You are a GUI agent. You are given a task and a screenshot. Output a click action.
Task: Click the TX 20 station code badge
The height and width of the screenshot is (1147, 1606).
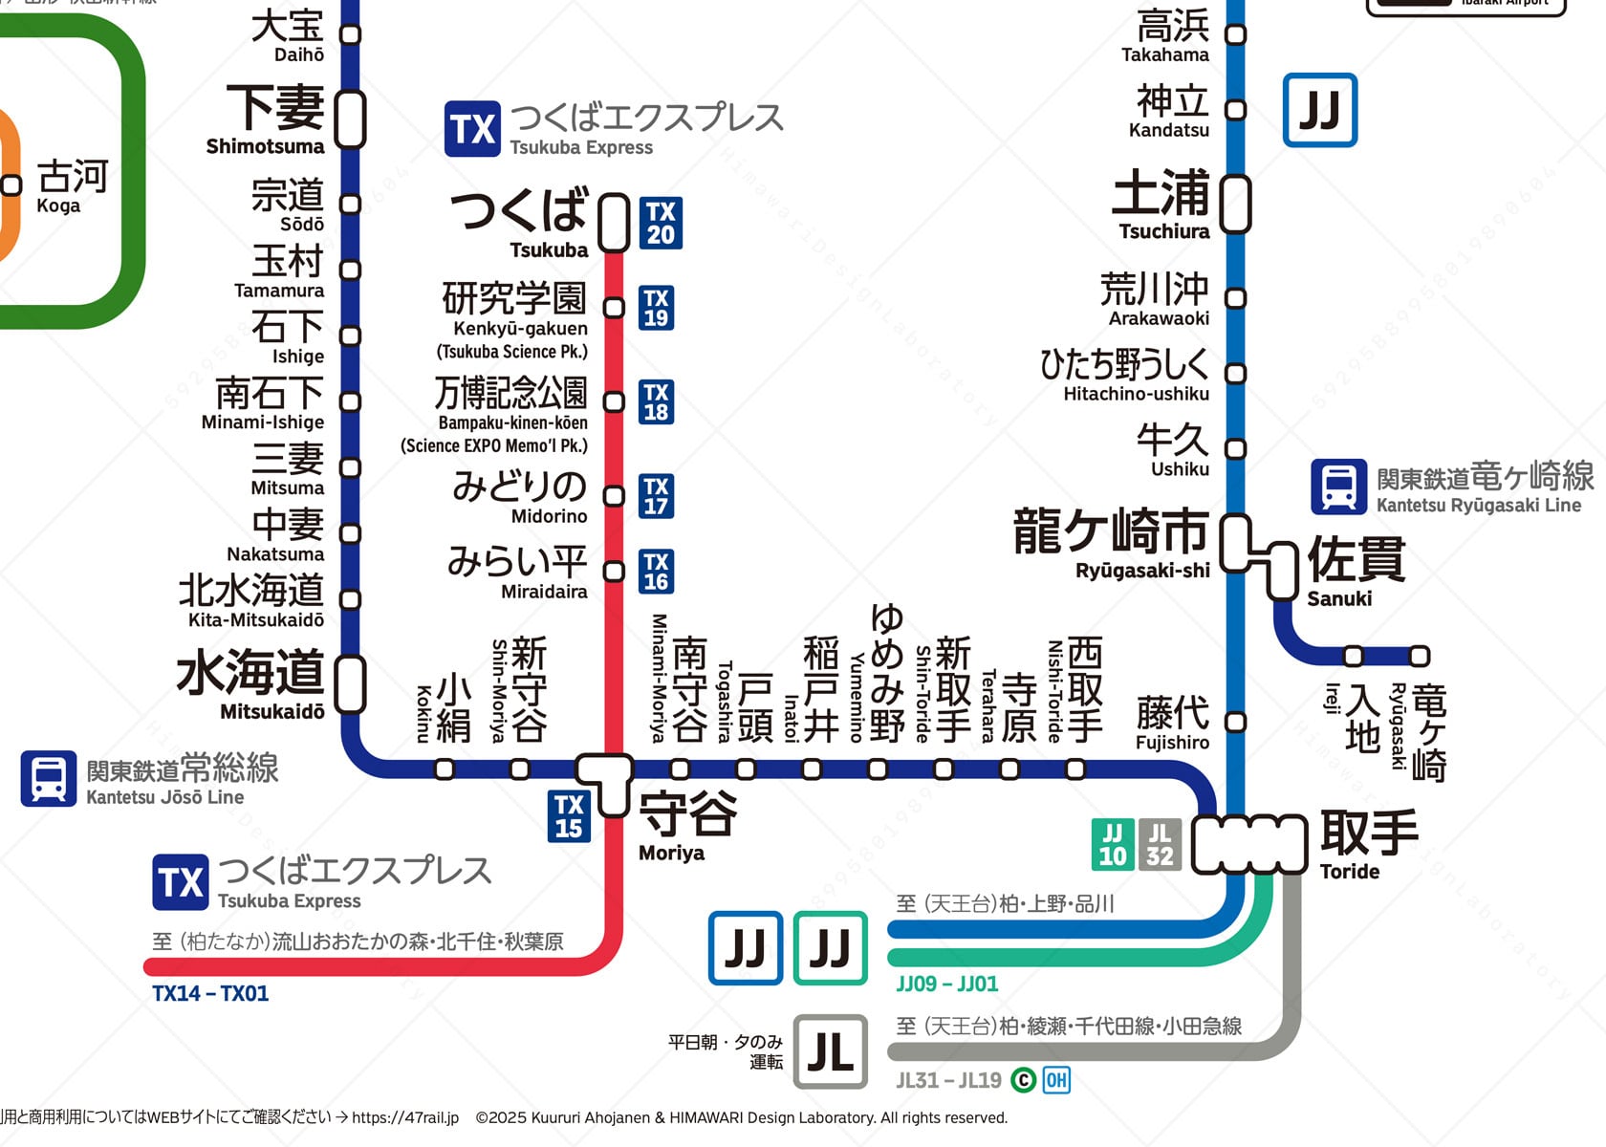(661, 223)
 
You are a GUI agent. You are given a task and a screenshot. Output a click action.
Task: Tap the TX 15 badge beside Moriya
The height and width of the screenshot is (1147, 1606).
(569, 816)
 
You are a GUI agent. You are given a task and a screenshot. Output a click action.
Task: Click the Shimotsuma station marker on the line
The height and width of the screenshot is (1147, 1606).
(351, 119)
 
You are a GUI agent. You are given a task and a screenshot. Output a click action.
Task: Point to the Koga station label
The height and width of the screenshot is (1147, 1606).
(72, 186)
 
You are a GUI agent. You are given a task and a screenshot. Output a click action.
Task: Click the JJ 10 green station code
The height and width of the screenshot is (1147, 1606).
(1113, 845)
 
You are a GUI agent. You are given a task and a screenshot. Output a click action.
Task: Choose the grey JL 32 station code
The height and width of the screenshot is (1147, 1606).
(1160, 845)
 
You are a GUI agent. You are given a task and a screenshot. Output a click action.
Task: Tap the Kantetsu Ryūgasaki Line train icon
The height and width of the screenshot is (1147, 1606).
(1338, 487)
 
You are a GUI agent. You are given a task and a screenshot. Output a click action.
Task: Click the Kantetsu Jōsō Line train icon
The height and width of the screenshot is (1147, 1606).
(49, 778)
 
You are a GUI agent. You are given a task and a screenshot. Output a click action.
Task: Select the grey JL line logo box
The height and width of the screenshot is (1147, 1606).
(831, 1052)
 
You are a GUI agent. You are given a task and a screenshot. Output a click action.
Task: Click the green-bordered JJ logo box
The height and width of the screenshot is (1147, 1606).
(831, 948)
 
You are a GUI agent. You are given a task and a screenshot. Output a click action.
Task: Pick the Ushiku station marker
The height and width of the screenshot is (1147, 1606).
(1236, 448)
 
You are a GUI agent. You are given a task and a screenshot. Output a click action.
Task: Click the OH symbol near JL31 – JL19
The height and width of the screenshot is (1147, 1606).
(1055, 1080)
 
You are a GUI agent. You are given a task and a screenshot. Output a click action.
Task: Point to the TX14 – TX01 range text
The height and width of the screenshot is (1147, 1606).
(210, 994)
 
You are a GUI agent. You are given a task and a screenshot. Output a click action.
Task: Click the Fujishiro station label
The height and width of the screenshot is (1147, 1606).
(1172, 724)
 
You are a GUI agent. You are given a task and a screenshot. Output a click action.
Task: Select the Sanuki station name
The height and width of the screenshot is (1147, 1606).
(1356, 572)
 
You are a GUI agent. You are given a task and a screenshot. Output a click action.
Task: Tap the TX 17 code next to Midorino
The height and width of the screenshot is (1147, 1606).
(656, 496)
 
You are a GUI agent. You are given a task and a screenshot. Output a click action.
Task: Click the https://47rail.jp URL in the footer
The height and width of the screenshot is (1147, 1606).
(405, 1117)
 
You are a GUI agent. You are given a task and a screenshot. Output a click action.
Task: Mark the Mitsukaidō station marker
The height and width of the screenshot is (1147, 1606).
(351, 684)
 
